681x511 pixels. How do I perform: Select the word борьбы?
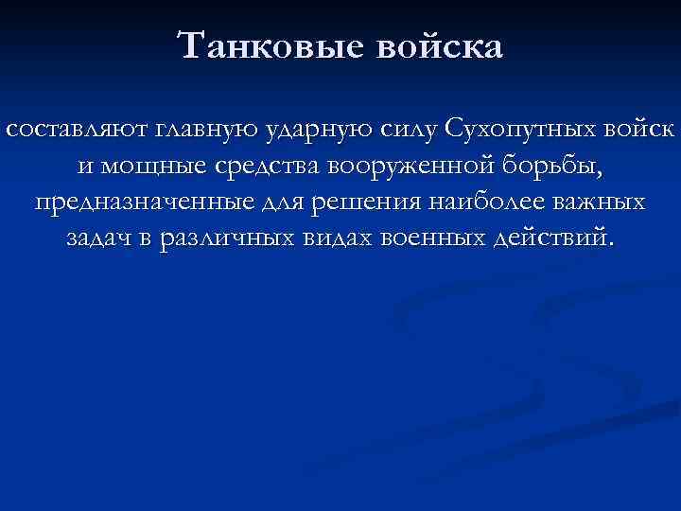[x=552, y=167]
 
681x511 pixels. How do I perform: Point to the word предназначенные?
[x=132, y=203]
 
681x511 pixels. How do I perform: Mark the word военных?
[x=430, y=239]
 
